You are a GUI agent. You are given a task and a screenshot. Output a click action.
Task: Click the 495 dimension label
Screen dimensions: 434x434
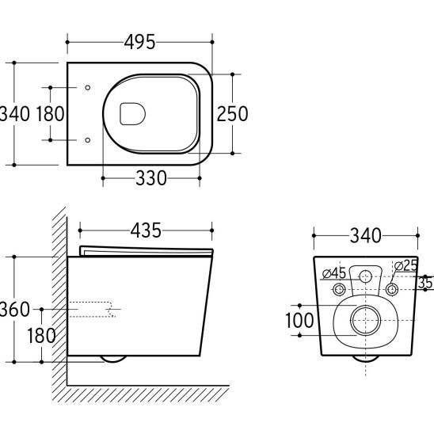(139, 42)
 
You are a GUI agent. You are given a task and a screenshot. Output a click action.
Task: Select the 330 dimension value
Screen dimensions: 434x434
(151, 178)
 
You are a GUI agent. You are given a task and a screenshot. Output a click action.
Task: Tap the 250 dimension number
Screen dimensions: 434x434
(232, 114)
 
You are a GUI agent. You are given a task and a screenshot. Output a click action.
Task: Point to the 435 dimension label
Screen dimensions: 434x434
(146, 230)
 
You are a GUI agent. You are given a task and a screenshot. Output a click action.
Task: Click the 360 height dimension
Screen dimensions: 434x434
(14, 309)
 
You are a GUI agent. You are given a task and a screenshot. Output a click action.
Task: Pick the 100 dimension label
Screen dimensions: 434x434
(299, 320)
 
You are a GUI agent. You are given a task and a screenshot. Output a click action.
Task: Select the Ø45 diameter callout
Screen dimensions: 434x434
(334, 273)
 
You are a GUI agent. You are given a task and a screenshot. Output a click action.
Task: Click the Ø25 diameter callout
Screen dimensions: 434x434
(405, 266)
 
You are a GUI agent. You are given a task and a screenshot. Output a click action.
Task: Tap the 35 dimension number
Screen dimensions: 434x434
(425, 283)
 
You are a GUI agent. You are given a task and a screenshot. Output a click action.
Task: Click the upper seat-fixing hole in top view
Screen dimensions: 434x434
(88, 87)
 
